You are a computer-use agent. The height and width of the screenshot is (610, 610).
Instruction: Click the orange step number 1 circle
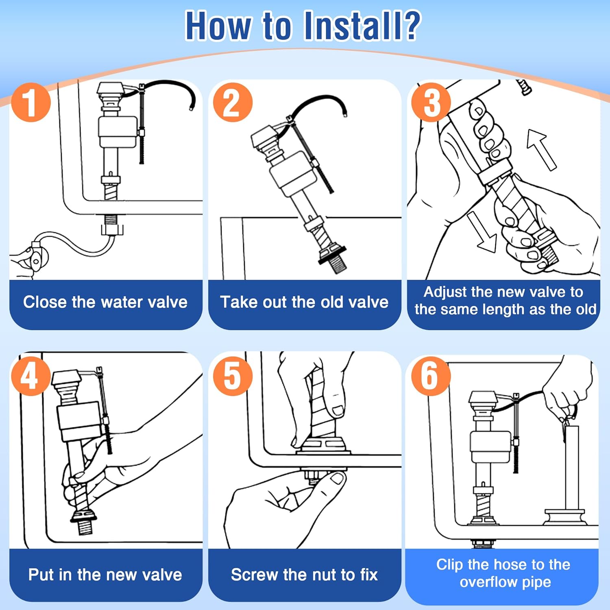[31, 102]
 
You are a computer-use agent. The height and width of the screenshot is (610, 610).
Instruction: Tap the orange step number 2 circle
[233, 102]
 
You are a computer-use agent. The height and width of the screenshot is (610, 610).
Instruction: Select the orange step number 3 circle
[431, 102]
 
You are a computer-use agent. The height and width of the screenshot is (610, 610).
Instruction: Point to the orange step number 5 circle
[233, 376]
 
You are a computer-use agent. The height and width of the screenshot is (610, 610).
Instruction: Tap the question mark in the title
[407, 26]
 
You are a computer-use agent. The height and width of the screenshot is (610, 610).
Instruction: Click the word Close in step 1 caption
[45, 302]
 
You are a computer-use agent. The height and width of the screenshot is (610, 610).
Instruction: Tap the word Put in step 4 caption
[41, 575]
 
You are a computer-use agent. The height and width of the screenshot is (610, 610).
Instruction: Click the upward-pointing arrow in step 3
[541, 149]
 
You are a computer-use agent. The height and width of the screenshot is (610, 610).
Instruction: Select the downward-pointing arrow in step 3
[482, 232]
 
